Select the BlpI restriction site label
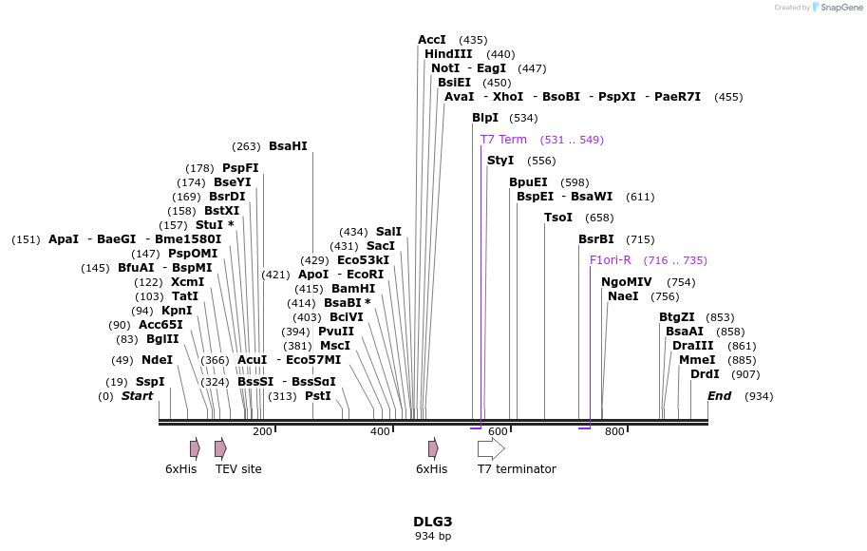point(484,118)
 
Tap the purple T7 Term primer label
point(503,140)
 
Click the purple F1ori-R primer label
point(610,260)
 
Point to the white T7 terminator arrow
point(491,448)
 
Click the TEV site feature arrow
point(220,448)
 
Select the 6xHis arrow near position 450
point(433,448)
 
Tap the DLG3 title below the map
point(433,522)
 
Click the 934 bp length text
point(433,537)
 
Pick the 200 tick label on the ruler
point(262,432)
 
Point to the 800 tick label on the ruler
point(614,432)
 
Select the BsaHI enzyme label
point(288,146)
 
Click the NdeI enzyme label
point(157,360)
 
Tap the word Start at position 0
point(137,396)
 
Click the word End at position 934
point(720,396)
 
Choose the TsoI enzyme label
point(557,218)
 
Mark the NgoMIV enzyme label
point(626,282)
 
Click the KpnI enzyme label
point(177,311)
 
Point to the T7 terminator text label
point(516,469)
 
